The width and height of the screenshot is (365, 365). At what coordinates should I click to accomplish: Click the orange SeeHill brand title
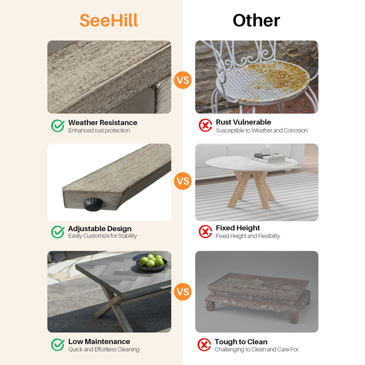click(109, 20)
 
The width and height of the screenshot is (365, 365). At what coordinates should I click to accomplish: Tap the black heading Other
click(256, 20)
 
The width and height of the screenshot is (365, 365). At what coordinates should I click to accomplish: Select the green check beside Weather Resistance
click(58, 126)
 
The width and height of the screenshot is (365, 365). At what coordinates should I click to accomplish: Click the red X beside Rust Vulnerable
click(205, 125)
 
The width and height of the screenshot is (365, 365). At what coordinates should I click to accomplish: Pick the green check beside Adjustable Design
click(58, 232)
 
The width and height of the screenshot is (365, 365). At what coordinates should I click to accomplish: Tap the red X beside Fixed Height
click(205, 231)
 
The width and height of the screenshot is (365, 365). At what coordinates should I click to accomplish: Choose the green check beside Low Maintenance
click(58, 345)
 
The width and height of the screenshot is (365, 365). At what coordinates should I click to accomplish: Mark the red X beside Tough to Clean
click(204, 345)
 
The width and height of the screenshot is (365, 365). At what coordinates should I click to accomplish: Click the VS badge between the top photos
click(183, 80)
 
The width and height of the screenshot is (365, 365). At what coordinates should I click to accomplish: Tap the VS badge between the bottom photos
click(183, 292)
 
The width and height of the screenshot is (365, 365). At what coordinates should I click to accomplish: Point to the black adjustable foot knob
click(93, 204)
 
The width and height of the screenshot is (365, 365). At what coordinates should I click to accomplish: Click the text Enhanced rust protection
click(99, 131)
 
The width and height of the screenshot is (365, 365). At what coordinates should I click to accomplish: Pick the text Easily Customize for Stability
click(103, 236)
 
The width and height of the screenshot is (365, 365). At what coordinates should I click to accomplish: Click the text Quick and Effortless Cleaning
click(104, 349)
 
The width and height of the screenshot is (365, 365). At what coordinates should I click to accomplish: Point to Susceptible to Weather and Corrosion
click(262, 131)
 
